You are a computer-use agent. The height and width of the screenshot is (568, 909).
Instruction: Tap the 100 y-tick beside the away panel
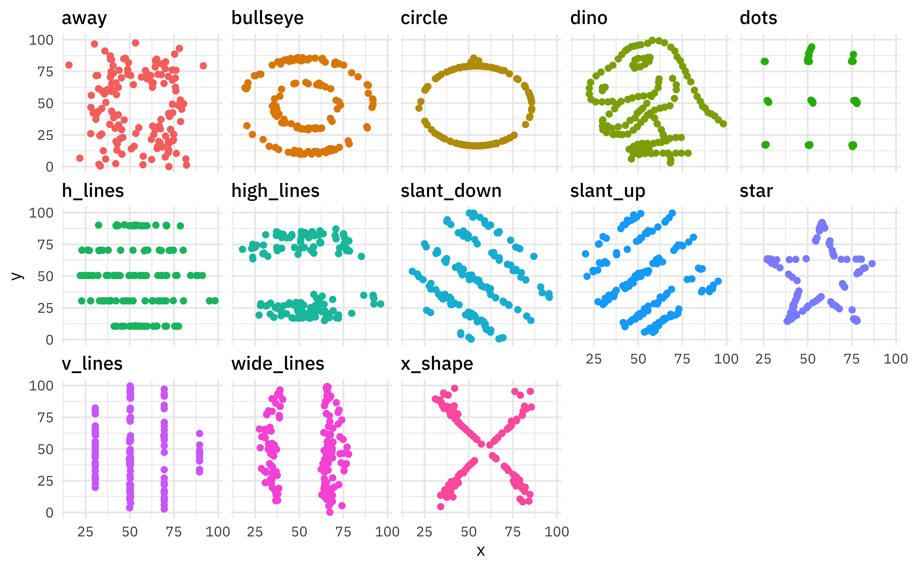41,40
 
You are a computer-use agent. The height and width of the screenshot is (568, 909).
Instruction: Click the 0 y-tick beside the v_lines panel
49,513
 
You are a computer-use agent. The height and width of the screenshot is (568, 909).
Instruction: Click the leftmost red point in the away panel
69,65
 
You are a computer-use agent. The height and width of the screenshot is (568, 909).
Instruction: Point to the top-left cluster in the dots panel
764,61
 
